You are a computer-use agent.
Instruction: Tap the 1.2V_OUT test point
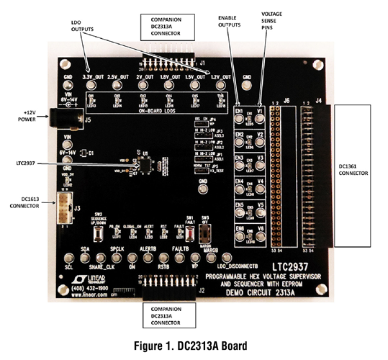tap(222, 84)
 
